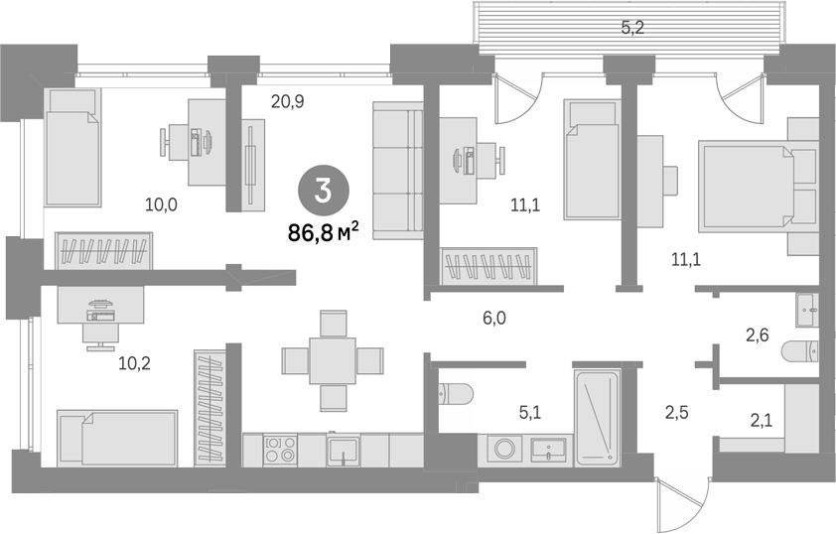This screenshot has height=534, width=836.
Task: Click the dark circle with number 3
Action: coord(323,192)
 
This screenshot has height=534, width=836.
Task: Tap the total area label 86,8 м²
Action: coord(323,232)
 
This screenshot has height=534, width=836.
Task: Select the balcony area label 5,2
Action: coord(632,28)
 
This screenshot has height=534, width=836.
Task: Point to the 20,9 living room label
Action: coord(287,100)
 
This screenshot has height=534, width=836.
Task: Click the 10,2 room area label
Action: coord(134,363)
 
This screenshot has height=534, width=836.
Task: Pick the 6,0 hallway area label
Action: coord(493,319)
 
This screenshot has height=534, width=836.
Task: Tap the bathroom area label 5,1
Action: coord(530,412)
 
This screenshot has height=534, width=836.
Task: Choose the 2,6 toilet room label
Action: coord(757,335)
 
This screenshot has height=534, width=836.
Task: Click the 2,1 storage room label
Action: coord(762,421)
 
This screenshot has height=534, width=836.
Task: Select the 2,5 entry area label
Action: coord(676,412)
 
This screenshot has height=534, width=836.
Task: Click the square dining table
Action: coord(333,360)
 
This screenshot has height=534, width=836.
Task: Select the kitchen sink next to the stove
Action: coord(343,451)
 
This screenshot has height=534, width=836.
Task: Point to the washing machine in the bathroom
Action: coord(503,449)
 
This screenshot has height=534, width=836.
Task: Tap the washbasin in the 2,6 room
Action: coord(806,309)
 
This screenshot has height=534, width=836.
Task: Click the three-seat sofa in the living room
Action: coord(398,171)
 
